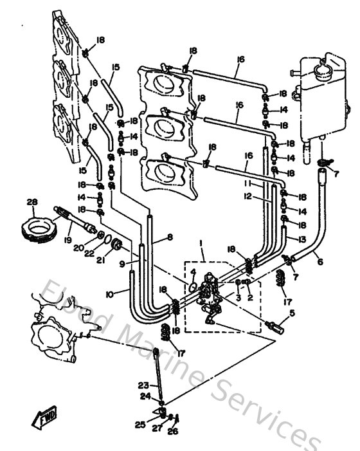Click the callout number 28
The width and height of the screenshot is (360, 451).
(x=32, y=202)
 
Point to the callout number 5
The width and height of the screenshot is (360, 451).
(x=292, y=314)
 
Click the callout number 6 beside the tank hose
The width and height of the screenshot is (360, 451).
(x=319, y=261)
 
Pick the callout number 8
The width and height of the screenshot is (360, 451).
(x=170, y=237)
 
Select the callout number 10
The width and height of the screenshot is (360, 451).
(x=109, y=294)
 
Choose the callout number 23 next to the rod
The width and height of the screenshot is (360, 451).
(x=142, y=385)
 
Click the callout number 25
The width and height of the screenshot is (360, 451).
(x=139, y=425)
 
